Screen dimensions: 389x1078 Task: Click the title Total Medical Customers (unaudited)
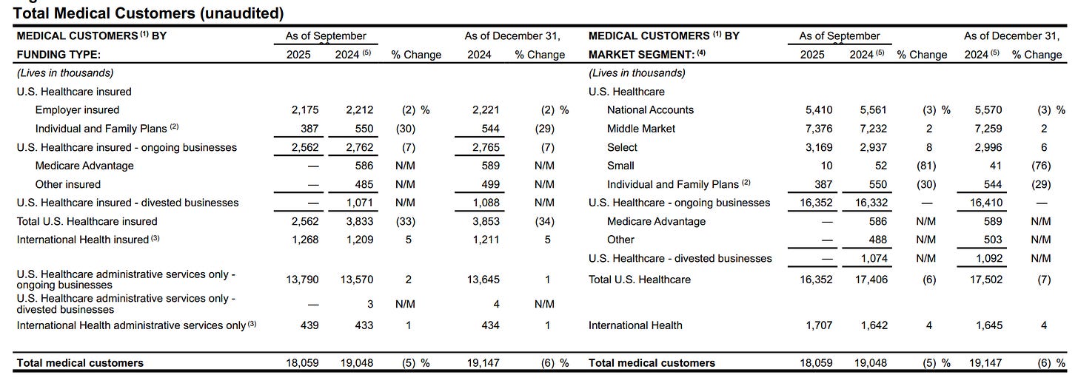point(148,13)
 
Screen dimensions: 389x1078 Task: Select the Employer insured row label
point(77,110)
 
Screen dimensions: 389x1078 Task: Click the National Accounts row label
point(650,110)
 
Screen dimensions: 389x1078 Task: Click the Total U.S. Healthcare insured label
point(87,221)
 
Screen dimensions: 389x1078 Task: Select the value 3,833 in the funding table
point(359,221)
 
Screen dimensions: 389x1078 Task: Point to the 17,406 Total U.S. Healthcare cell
point(871,280)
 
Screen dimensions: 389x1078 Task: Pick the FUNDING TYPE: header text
point(58,55)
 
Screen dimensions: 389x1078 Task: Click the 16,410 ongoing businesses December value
point(985,203)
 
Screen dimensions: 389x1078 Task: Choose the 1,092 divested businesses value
point(988,258)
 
